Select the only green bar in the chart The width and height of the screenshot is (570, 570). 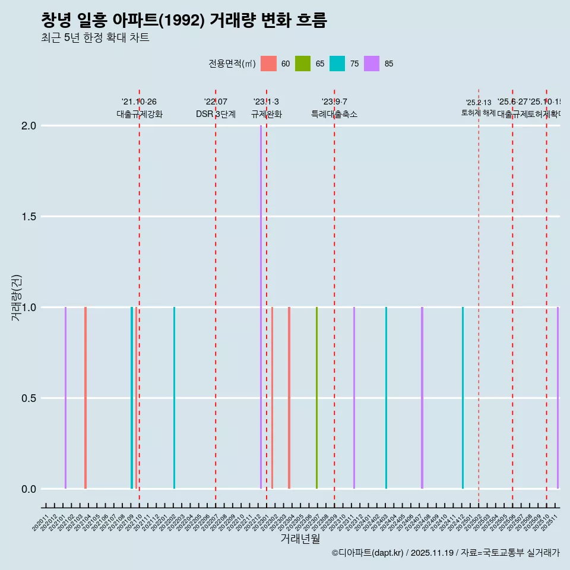(x=316, y=398)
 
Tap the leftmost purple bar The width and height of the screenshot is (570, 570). (x=65, y=398)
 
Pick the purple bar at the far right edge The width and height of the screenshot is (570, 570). (x=558, y=398)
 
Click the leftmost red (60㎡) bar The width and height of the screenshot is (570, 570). (x=85, y=398)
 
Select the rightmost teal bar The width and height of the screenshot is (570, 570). (x=463, y=398)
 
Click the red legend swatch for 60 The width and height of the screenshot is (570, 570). (x=268, y=64)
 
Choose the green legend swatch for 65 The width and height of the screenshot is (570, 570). (x=303, y=64)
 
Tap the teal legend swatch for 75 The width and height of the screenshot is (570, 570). (x=337, y=64)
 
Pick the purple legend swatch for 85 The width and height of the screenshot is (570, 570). (x=372, y=64)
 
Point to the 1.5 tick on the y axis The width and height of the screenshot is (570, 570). (x=29, y=217)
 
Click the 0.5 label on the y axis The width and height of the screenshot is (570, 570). (x=29, y=398)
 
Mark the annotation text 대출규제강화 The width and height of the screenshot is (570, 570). (x=139, y=114)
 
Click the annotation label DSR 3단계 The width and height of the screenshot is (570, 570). (x=216, y=114)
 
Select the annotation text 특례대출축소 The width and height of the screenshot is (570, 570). (x=334, y=114)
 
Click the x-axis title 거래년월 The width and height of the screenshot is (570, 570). (x=300, y=539)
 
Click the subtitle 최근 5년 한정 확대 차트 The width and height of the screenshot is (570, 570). (x=95, y=38)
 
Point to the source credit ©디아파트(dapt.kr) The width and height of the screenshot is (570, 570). (x=368, y=553)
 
